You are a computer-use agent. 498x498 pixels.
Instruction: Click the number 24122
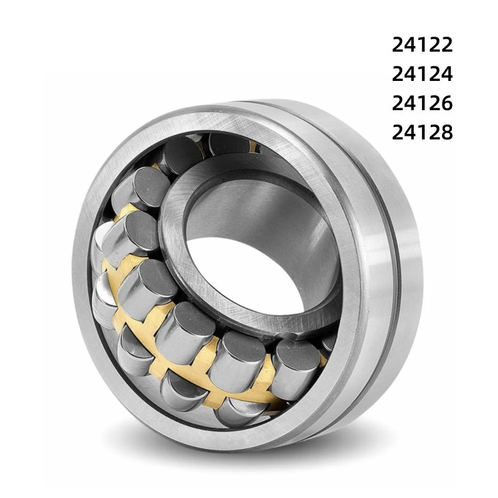click(x=422, y=45)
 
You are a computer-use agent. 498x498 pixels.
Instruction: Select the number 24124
click(x=422, y=74)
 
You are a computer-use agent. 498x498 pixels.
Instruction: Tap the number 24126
click(x=422, y=103)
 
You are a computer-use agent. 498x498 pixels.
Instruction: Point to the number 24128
click(x=422, y=133)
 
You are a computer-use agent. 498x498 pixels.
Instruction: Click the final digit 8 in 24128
click(x=446, y=133)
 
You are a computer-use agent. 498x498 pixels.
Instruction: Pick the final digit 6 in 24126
click(x=446, y=103)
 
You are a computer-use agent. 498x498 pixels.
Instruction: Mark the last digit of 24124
click(x=446, y=74)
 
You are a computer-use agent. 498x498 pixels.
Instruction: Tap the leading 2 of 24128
click(x=398, y=133)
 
